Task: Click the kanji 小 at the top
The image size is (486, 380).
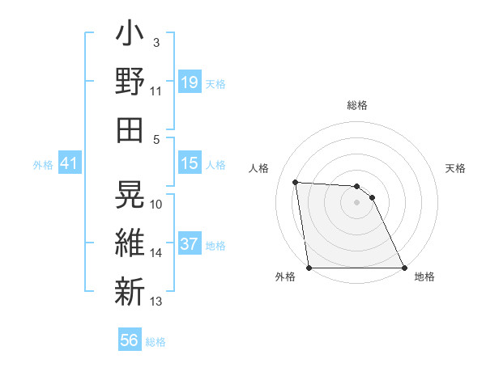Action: (130, 37)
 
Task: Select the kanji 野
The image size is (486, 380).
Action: (130, 82)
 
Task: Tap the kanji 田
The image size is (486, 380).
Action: (130, 129)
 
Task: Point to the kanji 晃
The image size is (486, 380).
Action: (130, 195)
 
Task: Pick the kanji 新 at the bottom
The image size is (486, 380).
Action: (130, 289)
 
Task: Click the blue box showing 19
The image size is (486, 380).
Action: (190, 82)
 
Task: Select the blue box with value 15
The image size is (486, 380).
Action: (190, 164)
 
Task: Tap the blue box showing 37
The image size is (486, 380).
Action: (190, 244)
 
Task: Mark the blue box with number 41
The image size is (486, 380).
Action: (69, 164)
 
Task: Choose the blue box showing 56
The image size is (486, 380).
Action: (129, 340)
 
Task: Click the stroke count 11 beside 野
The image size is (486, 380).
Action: (156, 91)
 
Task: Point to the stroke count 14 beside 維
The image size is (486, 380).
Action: (156, 253)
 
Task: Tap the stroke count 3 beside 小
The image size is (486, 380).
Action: (156, 43)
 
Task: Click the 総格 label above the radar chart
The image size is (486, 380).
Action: (357, 105)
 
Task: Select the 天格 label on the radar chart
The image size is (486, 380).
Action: (456, 168)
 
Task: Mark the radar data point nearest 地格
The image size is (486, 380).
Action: (404, 268)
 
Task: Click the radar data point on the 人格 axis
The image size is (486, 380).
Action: (296, 182)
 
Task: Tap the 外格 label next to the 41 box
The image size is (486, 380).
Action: (43, 165)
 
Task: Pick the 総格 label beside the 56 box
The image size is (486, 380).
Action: (156, 342)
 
